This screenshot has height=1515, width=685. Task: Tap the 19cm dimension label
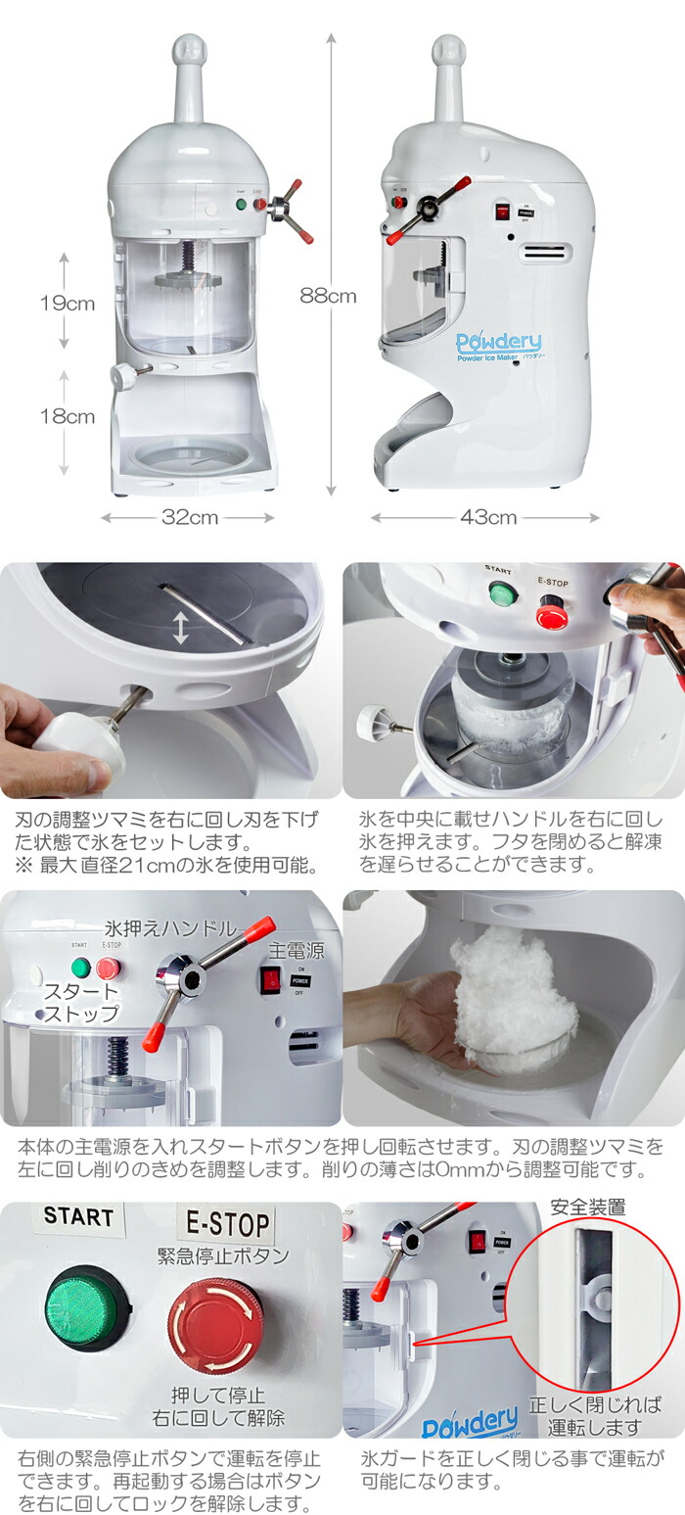[67, 303]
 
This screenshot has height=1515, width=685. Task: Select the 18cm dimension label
[67, 416]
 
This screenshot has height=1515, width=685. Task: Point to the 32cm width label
[189, 517]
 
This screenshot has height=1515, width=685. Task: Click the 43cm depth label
[487, 517]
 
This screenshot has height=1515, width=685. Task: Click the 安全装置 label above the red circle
[588, 1207]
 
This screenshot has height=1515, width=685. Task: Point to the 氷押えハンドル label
[170, 927]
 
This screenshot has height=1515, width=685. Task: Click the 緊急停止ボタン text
[223, 1256]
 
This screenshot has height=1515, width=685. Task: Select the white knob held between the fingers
[77, 736]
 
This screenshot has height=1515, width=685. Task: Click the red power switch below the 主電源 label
[270, 979]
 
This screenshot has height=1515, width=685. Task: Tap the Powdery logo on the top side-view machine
[498, 344]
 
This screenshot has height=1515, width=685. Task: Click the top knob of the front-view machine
[189, 49]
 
